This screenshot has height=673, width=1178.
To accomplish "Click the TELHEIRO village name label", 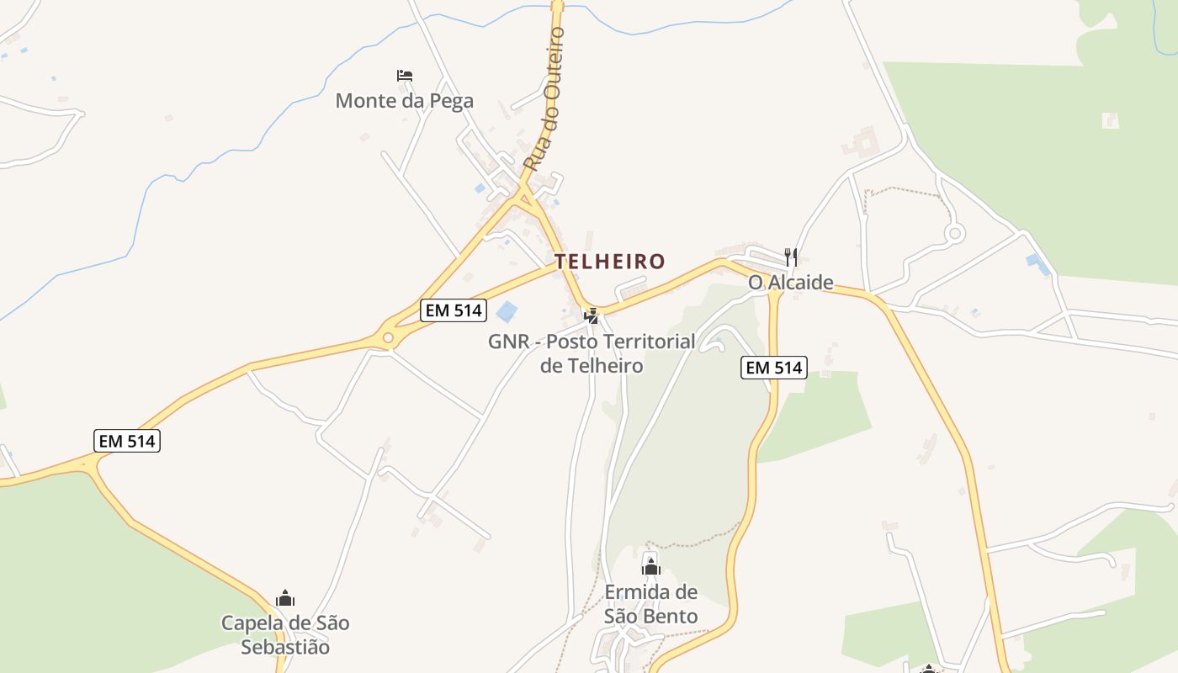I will (609, 262).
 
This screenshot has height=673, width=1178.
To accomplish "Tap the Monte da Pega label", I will (404, 101).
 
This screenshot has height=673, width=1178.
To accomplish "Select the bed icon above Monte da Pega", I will (405, 76).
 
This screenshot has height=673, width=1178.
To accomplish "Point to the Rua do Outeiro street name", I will (544, 98).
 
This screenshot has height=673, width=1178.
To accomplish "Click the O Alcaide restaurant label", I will (791, 283).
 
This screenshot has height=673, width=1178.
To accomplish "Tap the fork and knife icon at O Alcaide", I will (790, 257).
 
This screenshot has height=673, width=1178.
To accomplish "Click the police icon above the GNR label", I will (592, 316).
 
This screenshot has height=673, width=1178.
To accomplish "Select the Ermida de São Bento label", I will (651, 604).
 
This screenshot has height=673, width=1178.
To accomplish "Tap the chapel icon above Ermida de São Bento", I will (651, 567).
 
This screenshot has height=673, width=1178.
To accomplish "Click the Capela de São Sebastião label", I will (285, 635).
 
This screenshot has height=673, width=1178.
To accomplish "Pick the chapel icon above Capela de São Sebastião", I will (285, 598).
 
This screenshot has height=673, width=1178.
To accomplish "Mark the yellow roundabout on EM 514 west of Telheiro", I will (388, 338).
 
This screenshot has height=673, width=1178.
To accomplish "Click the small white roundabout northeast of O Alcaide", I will (953, 233).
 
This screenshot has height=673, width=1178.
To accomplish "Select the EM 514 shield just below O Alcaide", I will (774, 368).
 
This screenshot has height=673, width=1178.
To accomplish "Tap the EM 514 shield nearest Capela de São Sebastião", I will (127, 441).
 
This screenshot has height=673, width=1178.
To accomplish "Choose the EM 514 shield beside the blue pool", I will (454, 310).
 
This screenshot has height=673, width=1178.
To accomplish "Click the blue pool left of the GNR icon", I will (507, 312).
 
